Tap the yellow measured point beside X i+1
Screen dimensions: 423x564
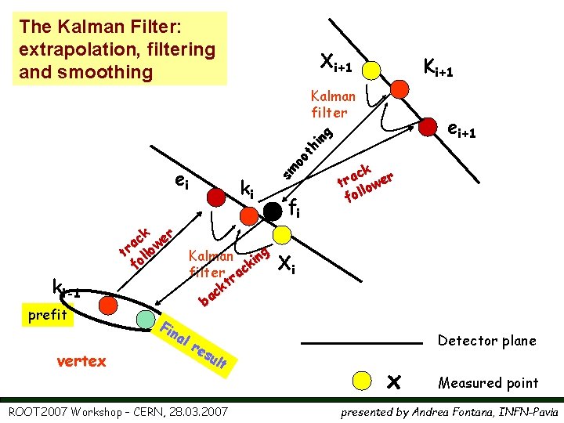click(x=374, y=69)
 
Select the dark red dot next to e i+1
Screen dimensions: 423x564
click(x=428, y=125)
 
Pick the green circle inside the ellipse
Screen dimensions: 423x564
click(x=146, y=320)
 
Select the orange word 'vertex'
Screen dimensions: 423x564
click(x=82, y=361)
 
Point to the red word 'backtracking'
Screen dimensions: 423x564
click(x=233, y=277)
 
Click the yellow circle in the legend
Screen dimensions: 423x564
click(x=361, y=381)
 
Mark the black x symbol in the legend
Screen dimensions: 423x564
click(x=394, y=381)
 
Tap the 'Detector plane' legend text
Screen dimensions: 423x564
click(x=486, y=341)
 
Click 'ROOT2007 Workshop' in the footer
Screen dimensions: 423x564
click(x=66, y=411)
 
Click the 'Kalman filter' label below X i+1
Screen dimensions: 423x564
click(x=332, y=104)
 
